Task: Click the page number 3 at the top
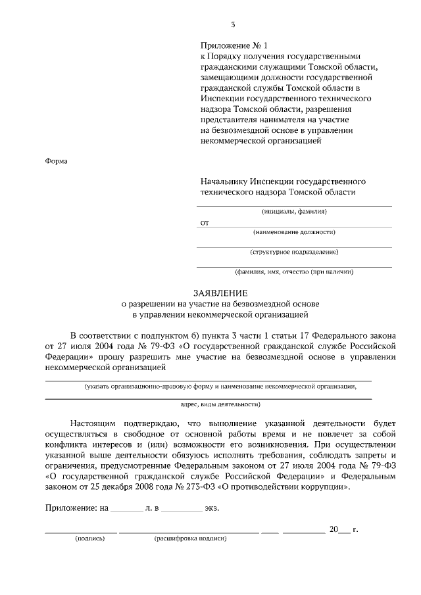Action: pos(233,24)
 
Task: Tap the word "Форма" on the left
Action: pos(57,160)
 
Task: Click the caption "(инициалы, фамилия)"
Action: pos(294,212)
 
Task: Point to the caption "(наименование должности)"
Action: pos(294,232)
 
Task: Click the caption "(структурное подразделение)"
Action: pos(294,252)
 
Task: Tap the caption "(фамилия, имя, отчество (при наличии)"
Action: pos(294,272)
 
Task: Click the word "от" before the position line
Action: pos(205,223)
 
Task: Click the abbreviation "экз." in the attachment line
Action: pos(212,508)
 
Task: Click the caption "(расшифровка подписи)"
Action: pos(191,538)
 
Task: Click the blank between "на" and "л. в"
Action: pos(126,509)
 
